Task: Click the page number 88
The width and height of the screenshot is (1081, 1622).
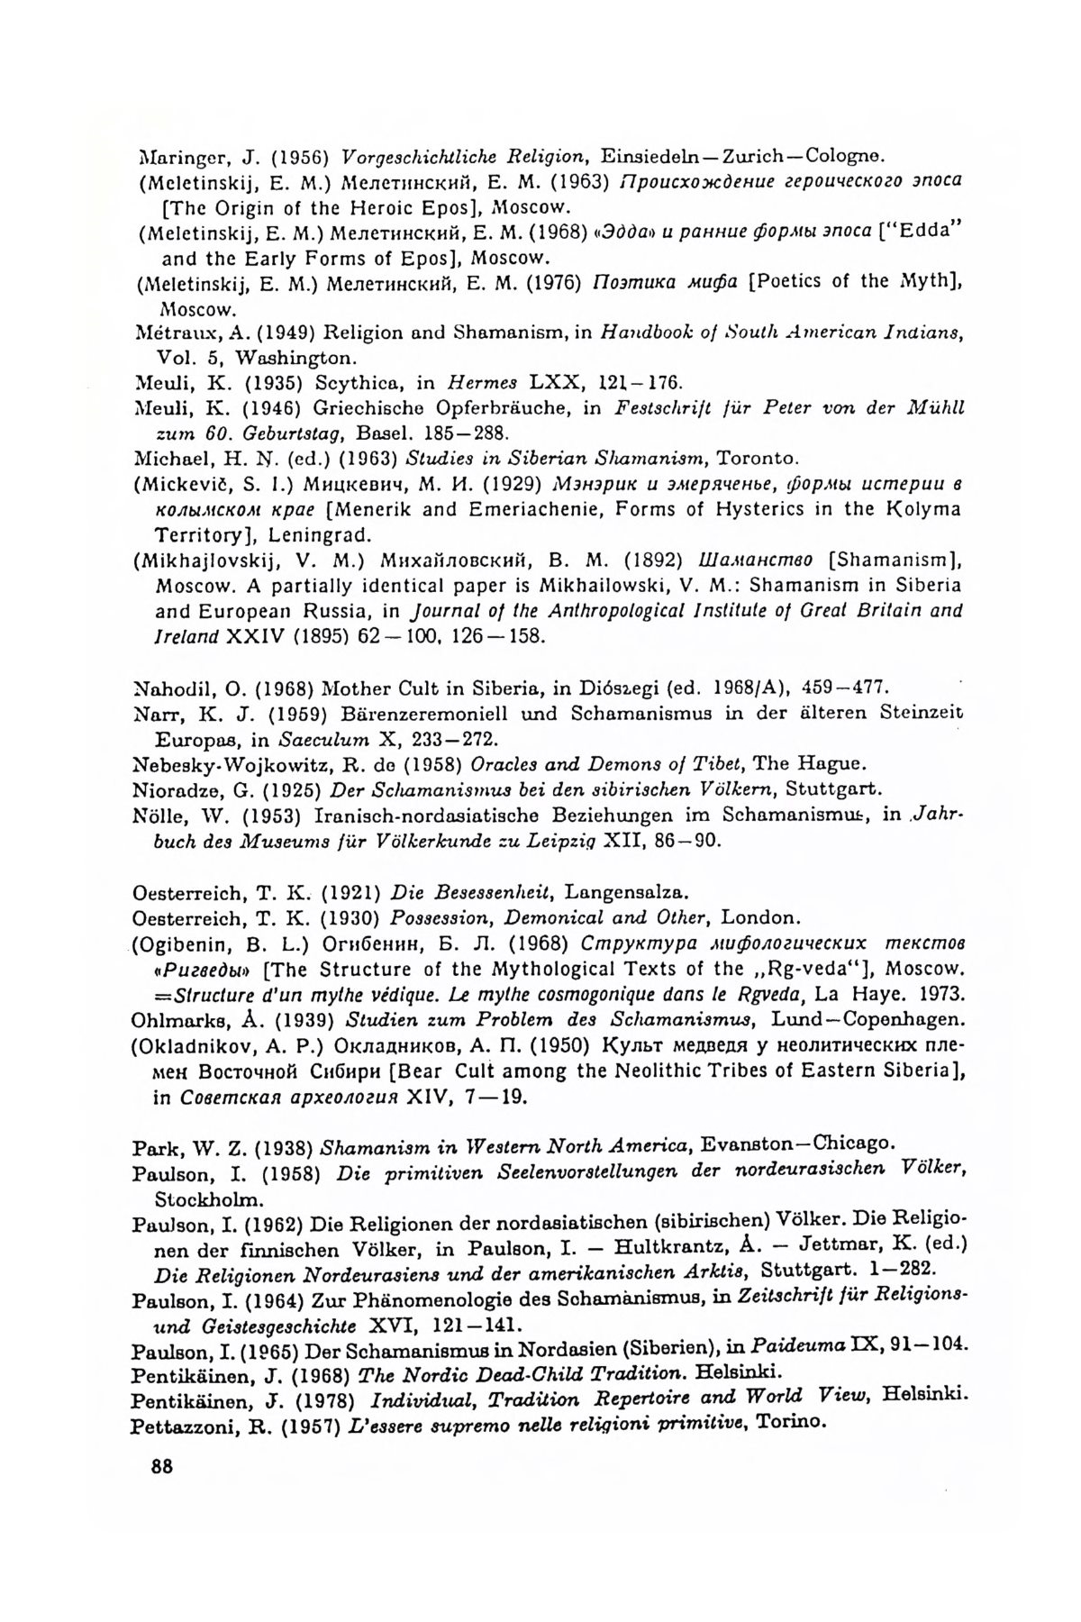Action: click(161, 1465)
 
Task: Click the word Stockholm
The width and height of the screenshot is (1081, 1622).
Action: click(210, 1199)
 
